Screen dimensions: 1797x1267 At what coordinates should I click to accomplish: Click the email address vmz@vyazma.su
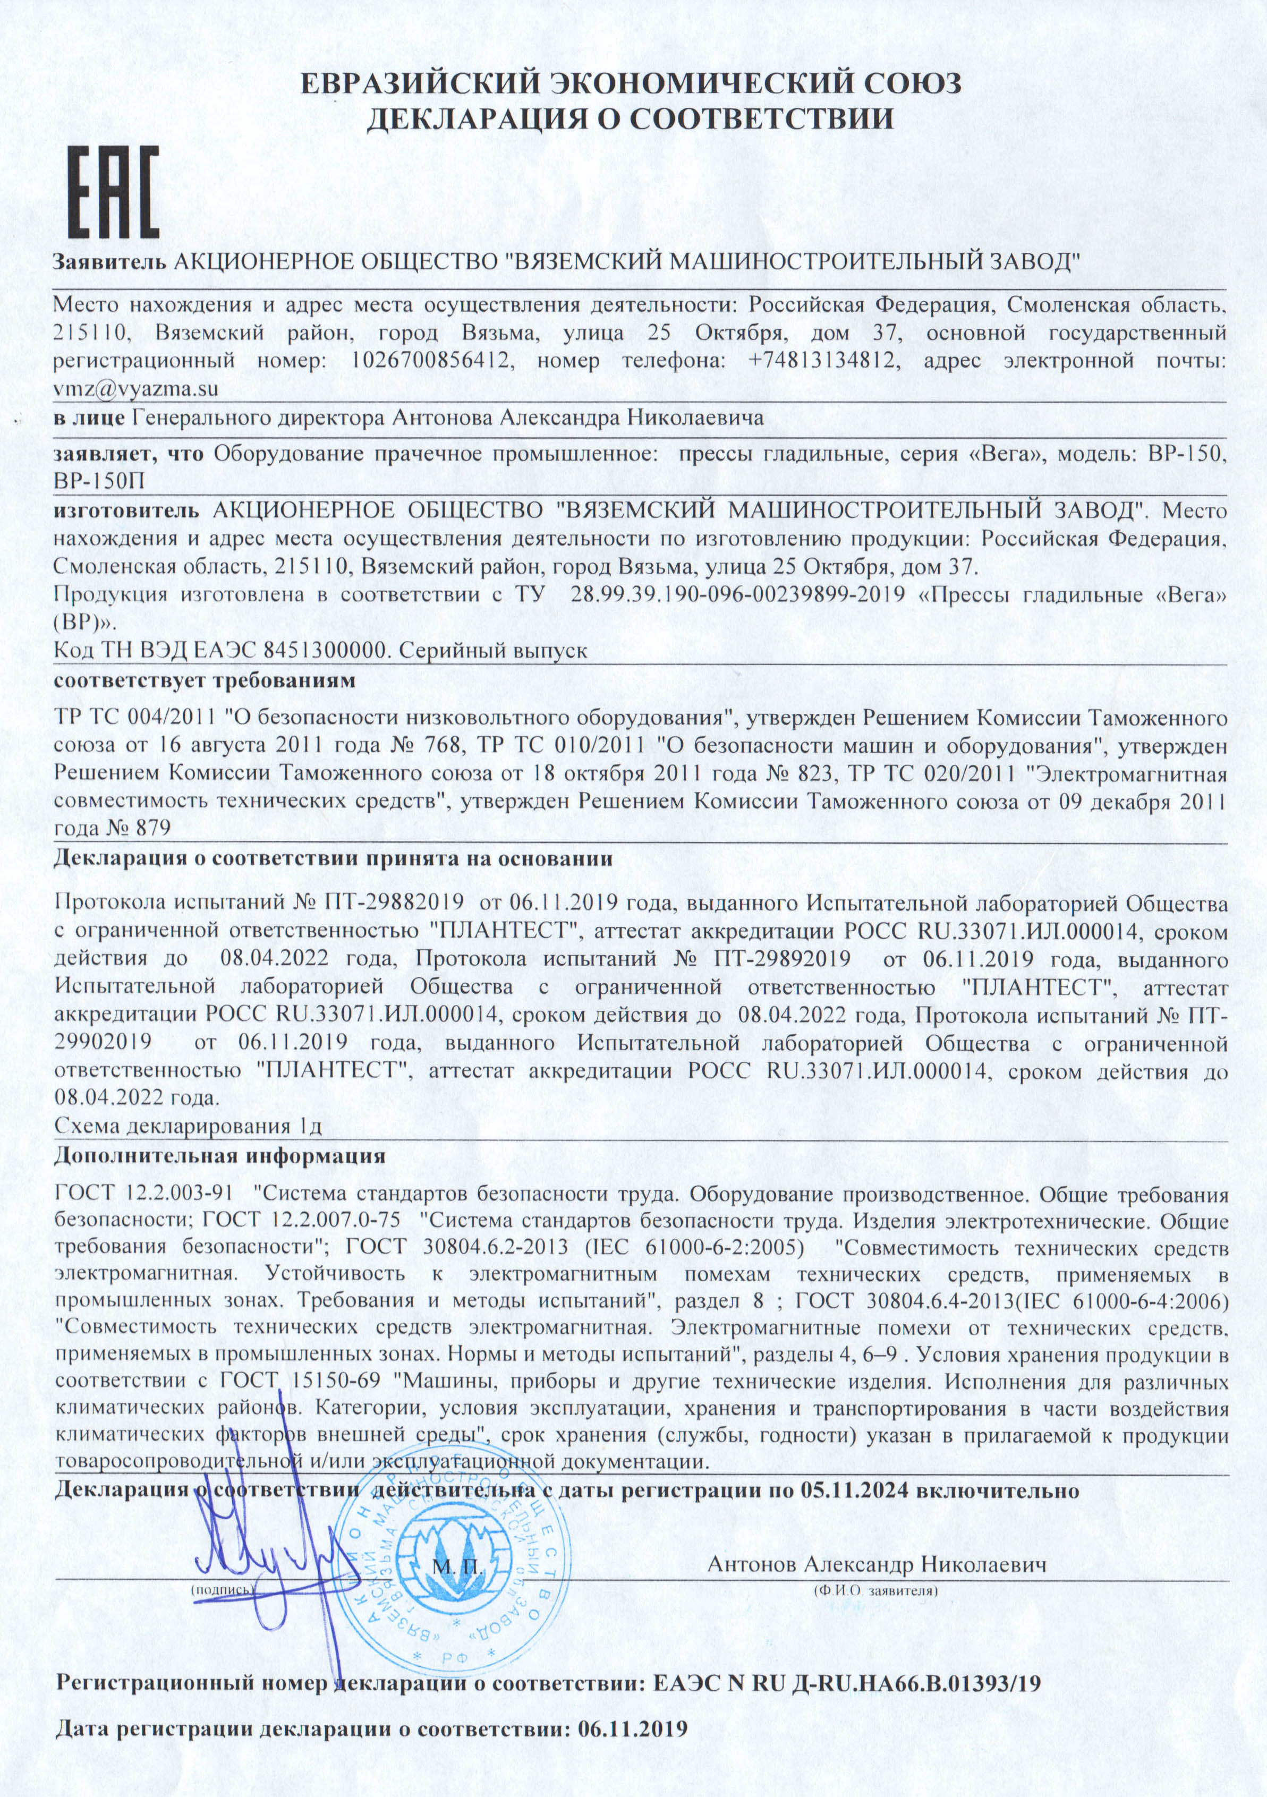(x=135, y=389)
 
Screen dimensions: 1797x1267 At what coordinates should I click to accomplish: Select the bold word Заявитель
(x=109, y=261)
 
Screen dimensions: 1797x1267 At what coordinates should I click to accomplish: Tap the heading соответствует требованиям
(x=204, y=680)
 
